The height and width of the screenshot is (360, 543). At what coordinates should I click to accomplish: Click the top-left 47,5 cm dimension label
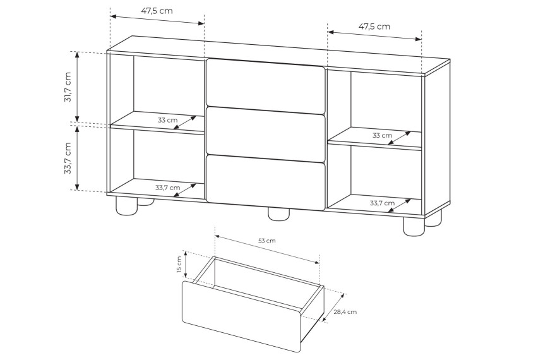[x=157, y=11]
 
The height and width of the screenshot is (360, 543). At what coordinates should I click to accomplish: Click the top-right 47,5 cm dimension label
[x=374, y=27]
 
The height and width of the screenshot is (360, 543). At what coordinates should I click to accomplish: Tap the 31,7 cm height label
[x=68, y=87]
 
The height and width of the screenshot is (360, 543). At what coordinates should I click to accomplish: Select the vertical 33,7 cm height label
[x=68, y=158]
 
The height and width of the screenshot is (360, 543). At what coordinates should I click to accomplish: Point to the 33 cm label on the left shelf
[x=167, y=120]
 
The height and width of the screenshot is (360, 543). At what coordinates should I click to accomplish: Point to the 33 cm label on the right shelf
[x=383, y=136]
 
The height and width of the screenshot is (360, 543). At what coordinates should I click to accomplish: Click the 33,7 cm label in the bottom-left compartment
[x=167, y=188]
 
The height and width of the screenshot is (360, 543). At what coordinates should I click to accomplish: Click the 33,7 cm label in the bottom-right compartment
[x=383, y=203]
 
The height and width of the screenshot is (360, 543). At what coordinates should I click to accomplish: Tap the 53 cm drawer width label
[x=267, y=241]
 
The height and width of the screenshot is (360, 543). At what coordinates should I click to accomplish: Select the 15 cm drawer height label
[x=179, y=265]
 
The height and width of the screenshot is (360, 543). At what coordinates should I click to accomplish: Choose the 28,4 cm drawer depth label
[x=345, y=312]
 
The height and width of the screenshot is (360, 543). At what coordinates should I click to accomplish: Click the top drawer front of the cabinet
[x=266, y=87]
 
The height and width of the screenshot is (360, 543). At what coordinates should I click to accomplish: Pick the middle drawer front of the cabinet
[x=266, y=134]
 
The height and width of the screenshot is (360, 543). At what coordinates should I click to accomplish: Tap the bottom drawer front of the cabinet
[x=266, y=183]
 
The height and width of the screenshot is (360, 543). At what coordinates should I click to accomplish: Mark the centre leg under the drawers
[x=279, y=213]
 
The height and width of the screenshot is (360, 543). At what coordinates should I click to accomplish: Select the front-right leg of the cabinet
[x=414, y=227]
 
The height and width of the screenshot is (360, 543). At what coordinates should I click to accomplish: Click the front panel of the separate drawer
[x=241, y=316]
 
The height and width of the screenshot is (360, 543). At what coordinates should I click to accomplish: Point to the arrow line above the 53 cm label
[x=267, y=249]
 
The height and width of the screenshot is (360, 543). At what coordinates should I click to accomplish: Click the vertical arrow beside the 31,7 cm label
[x=77, y=87]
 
